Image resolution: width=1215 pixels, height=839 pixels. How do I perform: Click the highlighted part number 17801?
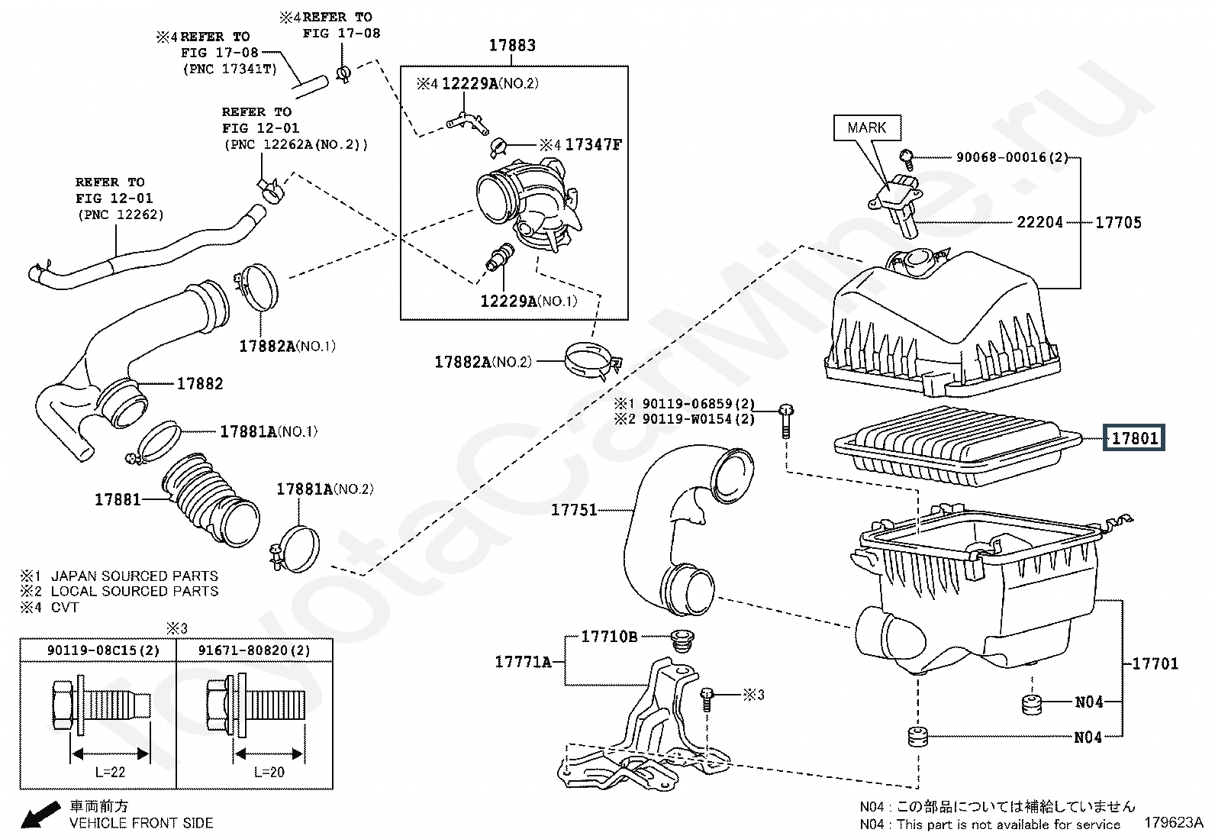1134,438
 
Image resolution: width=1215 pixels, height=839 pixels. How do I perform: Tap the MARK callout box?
867,127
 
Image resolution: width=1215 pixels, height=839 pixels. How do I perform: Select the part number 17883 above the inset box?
512,45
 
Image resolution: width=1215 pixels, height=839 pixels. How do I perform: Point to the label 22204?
1039,222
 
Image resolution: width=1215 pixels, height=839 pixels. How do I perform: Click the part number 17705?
1118,222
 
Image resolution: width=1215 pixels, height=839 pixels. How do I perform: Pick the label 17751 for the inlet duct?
574,510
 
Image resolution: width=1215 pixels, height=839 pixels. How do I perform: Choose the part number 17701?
1155,663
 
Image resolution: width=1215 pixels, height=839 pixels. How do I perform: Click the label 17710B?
609,636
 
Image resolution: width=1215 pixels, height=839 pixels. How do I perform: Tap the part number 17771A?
523,662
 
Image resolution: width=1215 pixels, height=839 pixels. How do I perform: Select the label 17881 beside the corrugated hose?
118,499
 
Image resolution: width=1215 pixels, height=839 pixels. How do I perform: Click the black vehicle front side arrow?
40,815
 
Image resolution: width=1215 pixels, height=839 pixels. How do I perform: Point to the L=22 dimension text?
110,772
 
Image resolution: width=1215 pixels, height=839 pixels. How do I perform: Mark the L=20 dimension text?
269,772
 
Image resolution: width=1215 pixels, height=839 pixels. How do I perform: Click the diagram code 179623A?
1174,822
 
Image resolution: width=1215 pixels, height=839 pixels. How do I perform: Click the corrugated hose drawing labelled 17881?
211,499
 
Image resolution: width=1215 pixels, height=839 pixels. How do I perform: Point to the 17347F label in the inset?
594,144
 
